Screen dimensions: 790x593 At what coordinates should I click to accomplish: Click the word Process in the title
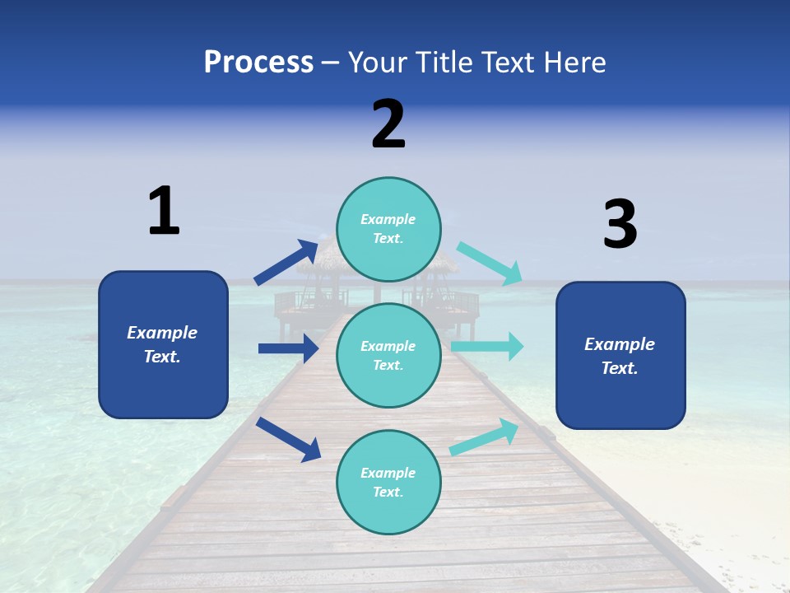pyautogui.click(x=258, y=62)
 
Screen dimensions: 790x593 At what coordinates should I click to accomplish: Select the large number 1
pyautogui.click(x=164, y=211)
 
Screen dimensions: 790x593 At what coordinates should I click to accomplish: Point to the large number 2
pyautogui.click(x=388, y=124)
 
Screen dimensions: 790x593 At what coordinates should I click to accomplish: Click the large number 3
pyautogui.click(x=620, y=225)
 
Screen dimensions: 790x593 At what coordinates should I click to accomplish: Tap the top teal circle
pyautogui.click(x=388, y=229)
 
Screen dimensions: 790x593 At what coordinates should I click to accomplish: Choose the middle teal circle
pyautogui.click(x=388, y=355)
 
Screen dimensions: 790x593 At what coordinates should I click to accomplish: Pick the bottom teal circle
pyautogui.click(x=388, y=482)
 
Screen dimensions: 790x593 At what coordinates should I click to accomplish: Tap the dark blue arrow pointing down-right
pyautogui.click(x=288, y=439)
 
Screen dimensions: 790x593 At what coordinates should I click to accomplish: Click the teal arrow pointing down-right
pyautogui.click(x=490, y=263)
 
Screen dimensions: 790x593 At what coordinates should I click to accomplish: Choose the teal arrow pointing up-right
pyautogui.click(x=485, y=437)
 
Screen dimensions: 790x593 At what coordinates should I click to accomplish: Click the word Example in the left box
pyautogui.click(x=162, y=333)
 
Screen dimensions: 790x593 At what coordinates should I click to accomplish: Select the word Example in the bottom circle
pyautogui.click(x=388, y=473)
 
